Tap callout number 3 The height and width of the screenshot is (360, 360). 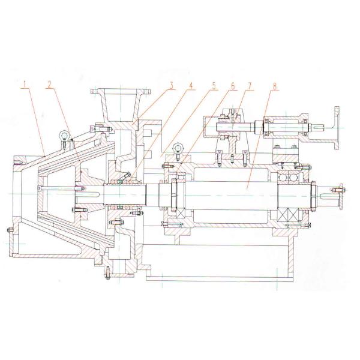171,84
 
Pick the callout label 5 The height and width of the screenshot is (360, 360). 213,84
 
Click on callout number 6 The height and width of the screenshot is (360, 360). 231,84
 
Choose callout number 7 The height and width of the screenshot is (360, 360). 250,84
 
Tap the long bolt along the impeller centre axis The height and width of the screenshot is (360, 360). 60,192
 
